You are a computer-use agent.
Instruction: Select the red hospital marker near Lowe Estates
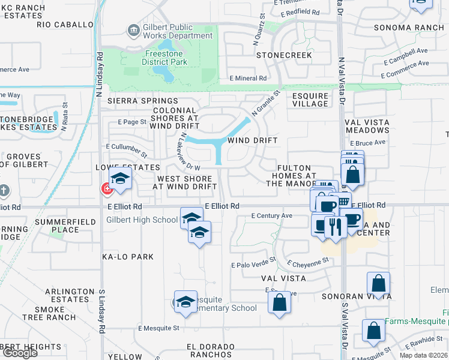click(107, 189)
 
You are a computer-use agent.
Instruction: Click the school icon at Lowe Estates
click(120, 178)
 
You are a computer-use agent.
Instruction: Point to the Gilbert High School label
click(142, 220)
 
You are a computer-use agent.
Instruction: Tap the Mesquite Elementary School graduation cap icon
click(185, 302)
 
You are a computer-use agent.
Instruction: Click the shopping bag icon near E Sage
click(279, 302)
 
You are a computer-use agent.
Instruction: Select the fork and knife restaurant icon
click(335, 226)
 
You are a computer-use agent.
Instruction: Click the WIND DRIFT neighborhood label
click(252, 140)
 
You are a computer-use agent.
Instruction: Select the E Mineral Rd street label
click(248, 78)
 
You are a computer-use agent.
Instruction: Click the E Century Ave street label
click(271, 215)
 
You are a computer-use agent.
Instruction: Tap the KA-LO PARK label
click(128, 257)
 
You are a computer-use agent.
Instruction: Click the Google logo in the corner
click(20, 352)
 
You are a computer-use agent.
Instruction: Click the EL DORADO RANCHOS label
click(210, 347)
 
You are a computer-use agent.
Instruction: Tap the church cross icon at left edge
click(4, 191)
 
